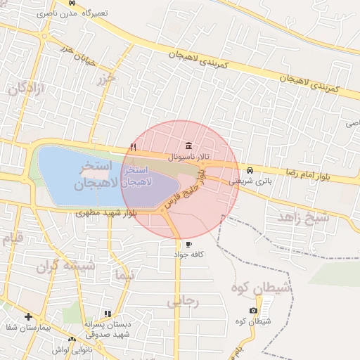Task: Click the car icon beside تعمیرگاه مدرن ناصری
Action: [72, 4]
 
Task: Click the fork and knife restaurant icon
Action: [133, 147]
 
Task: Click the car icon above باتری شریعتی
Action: [250, 171]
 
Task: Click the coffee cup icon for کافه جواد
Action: [188, 244]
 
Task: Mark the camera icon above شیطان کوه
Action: [253, 311]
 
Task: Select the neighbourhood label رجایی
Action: [184, 302]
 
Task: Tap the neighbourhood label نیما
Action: [124, 276]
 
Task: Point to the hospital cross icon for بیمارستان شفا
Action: [27, 316]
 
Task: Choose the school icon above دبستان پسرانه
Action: [108, 314]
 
